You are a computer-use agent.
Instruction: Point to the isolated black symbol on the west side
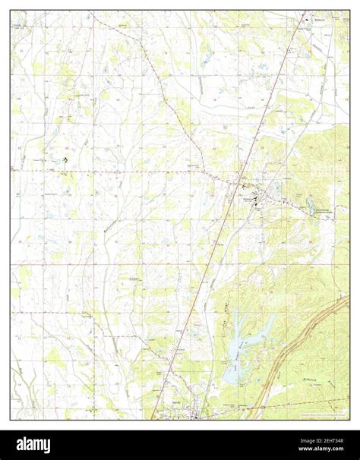[64, 160]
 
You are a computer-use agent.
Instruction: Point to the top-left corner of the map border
[11, 11]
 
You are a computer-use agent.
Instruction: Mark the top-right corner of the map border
[349, 11]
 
